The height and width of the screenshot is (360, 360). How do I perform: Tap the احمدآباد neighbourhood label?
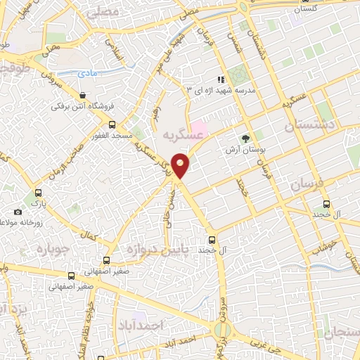coord(162,326)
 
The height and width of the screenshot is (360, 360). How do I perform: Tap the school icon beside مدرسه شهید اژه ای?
coord(220,79)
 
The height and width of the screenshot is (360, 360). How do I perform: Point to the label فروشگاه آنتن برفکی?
coord(77,107)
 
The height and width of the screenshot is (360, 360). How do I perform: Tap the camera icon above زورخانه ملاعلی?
coord(18,212)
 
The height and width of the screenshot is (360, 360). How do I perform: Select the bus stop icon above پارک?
coord(38,192)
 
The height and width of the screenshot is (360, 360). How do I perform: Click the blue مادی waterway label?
coord(89,72)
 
